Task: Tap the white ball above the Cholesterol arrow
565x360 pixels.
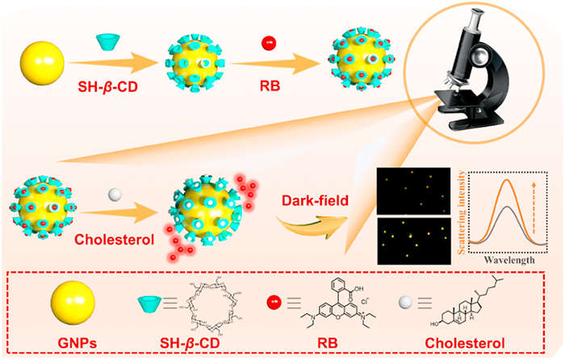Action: click(116, 195)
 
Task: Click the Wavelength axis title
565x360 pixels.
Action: click(508, 261)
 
